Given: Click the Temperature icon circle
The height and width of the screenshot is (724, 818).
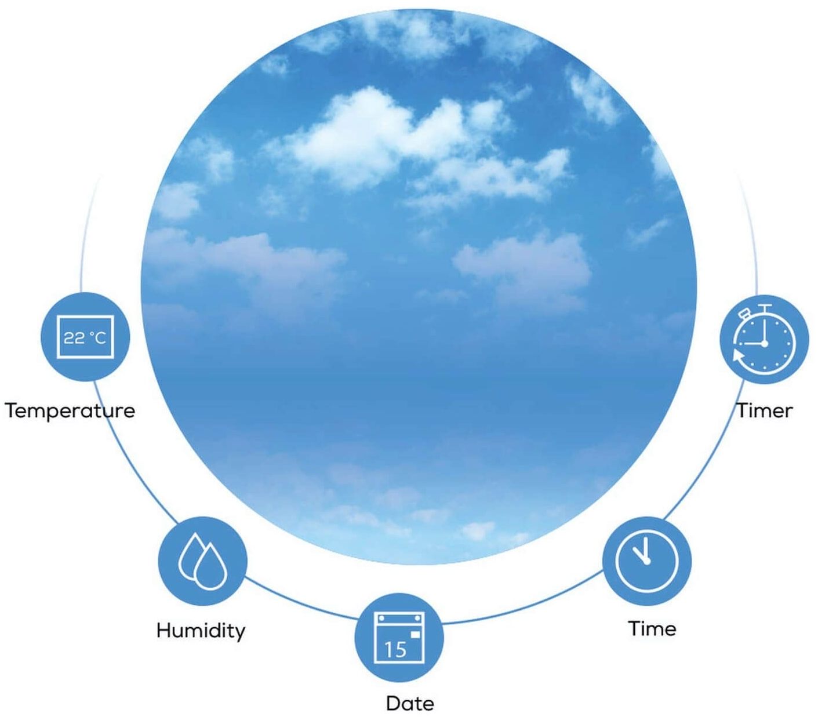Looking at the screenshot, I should click(85, 336).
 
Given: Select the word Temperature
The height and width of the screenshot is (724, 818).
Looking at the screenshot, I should click(70, 411).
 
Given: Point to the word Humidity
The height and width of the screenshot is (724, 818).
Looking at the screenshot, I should click(201, 630).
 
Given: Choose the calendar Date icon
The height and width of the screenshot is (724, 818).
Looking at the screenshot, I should click(399, 638).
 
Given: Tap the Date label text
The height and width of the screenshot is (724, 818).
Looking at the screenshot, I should click(410, 704).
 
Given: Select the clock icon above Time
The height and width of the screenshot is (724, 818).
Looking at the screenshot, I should click(647, 562).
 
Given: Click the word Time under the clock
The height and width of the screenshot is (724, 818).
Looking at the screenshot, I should click(652, 629).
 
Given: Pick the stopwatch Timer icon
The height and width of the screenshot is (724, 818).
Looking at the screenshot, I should click(764, 339).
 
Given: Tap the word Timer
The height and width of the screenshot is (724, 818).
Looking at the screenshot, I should click(764, 411).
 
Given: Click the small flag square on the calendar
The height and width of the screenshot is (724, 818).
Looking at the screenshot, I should click(415, 635).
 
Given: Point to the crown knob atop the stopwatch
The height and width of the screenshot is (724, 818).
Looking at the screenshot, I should click(765, 307).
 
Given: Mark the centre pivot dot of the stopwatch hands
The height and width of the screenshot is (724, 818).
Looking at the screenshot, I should click(765, 344).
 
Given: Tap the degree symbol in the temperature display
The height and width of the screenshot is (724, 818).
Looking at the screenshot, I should click(92, 333).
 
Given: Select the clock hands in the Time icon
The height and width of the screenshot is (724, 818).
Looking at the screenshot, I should click(642, 554).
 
